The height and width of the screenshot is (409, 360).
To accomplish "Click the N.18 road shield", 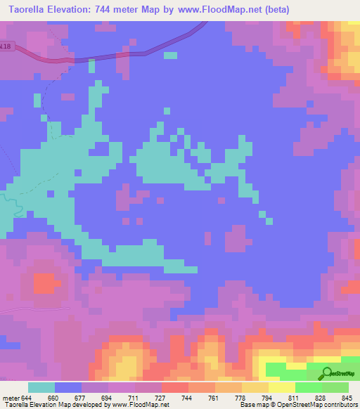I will (6, 47).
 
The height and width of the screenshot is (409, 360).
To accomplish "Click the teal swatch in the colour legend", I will (41, 387).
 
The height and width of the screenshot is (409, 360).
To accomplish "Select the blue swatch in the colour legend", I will (68, 387).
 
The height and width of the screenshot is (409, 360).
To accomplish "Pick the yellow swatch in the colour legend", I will (281, 387).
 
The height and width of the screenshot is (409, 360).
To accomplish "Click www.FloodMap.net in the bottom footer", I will (139, 405).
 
